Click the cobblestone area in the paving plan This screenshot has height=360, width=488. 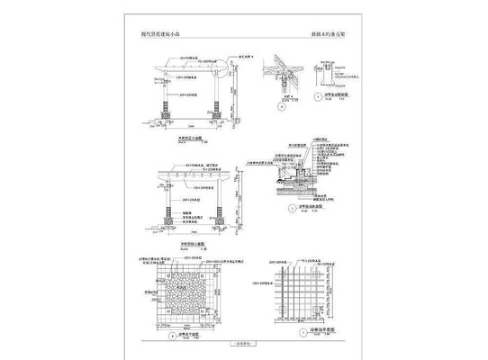tap(192, 292)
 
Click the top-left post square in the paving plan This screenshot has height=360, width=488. tap(157, 267)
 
